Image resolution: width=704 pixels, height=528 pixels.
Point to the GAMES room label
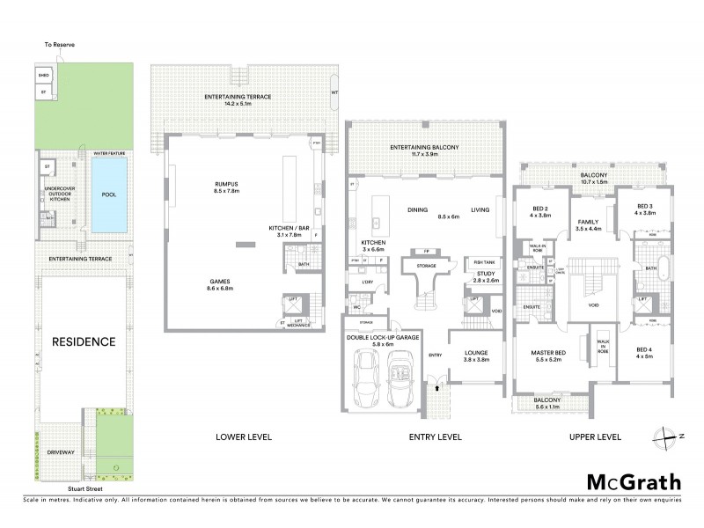[215, 285]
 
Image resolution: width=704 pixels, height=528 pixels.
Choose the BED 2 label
[539, 210]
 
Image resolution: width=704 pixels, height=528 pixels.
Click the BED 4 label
[645, 353]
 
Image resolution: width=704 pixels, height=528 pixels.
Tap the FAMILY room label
[587, 225]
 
